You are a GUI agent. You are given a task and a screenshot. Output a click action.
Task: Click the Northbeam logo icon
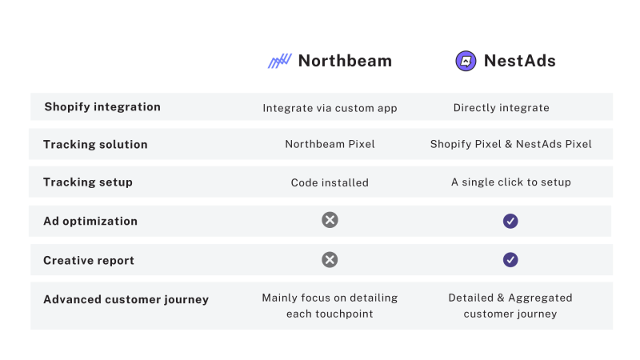coord(279,61)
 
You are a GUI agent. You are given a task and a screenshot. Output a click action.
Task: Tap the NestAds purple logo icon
coord(466,61)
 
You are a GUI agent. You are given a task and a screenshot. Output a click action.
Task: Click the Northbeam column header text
coord(345,61)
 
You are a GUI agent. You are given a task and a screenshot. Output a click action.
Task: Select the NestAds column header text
coord(519,61)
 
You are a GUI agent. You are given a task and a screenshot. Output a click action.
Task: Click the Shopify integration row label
coord(102,106)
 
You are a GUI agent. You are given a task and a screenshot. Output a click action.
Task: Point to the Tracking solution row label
coord(95,144)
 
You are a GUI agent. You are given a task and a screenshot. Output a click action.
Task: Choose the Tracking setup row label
coord(88,182)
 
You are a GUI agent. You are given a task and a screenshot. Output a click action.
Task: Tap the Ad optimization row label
coord(90,221)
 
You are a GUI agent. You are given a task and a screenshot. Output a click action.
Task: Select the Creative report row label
coord(89,260)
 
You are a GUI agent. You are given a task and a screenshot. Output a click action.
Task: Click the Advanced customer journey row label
coord(126,299)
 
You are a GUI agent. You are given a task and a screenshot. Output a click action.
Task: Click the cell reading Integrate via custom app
coord(330,107)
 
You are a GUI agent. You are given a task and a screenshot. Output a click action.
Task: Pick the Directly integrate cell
coord(501,107)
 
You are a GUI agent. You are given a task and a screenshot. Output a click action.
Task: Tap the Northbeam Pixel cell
coord(330,145)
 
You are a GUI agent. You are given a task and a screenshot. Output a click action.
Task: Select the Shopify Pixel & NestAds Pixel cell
coord(510,145)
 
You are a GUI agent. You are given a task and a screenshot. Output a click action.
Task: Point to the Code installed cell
coord(330,182)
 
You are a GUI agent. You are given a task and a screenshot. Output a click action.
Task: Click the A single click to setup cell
coord(510,182)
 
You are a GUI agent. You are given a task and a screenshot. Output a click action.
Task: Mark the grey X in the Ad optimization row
coord(330,220)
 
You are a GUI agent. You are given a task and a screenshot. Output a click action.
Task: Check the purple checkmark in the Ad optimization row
coord(510,221)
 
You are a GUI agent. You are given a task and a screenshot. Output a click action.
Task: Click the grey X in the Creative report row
coord(330,259)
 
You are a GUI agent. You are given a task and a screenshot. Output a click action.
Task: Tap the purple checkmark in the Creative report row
coord(510,259)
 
